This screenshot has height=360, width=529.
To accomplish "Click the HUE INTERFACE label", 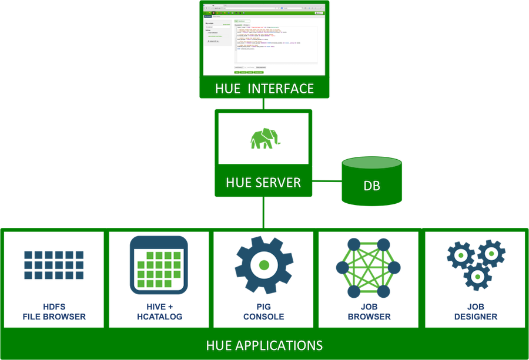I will click(264, 89).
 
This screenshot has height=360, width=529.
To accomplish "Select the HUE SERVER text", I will click(263, 183).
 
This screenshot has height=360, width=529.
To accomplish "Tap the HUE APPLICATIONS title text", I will click(264, 345).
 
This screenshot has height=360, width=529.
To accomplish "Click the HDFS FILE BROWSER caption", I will click(54, 312).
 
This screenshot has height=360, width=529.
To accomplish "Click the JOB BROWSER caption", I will click(369, 312).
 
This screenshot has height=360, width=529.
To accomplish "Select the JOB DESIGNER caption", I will click(474, 312).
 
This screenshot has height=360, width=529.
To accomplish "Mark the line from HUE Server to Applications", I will click(263, 211).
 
